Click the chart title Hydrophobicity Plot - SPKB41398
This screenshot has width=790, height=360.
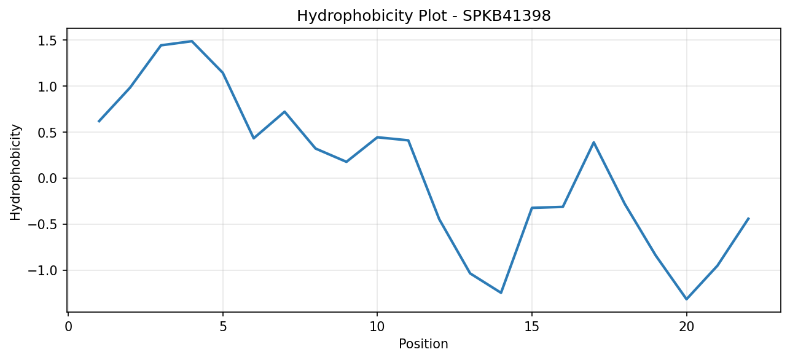click(424, 16)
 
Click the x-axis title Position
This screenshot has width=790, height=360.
click(423, 344)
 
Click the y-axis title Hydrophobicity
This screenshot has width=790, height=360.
click(15, 173)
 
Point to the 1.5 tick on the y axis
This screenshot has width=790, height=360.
click(47, 41)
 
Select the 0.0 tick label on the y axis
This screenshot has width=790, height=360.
click(47, 178)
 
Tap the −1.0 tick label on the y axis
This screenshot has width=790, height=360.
click(42, 271)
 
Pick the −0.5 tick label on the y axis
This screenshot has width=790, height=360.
click(42, 225)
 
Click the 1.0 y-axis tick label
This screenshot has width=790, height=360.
click(47, 87)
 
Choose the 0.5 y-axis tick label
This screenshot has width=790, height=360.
click(47, 133)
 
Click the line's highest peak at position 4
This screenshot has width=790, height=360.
click(192, 41)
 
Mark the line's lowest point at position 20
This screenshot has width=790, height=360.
click(686, 299)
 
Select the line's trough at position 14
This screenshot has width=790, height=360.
click(501, 292)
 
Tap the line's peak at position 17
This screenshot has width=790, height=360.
click(593, 143)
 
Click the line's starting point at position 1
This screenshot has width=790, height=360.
click(99, 122)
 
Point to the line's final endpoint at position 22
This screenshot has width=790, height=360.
click(748, 219)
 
